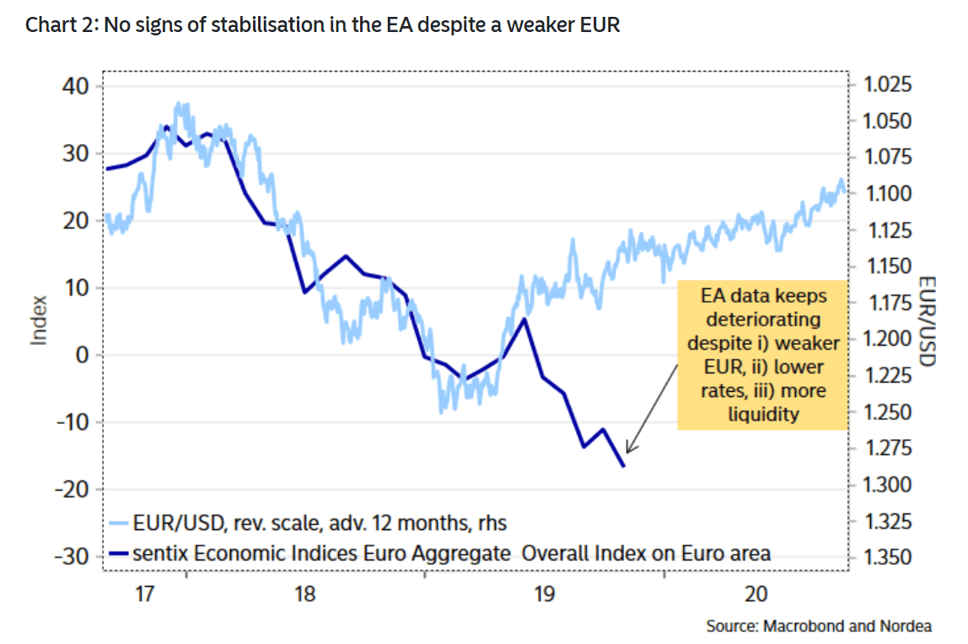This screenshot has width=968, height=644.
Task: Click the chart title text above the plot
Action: pos(322,25)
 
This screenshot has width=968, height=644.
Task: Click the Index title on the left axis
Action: pos(39,320)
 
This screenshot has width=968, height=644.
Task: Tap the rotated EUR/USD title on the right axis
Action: pos(928,321)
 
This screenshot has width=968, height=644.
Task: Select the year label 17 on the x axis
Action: pos(144,594)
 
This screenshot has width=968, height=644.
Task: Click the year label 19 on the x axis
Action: pos(542,594)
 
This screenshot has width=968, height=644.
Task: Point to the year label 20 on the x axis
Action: pos(756,594)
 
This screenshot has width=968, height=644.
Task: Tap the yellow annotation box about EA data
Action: pos(762,355)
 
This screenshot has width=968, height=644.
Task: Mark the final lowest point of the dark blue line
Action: pos(623,466)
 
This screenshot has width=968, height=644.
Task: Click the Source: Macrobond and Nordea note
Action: pos(819,626)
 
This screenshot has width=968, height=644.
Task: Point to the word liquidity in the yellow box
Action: pos(763,414)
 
